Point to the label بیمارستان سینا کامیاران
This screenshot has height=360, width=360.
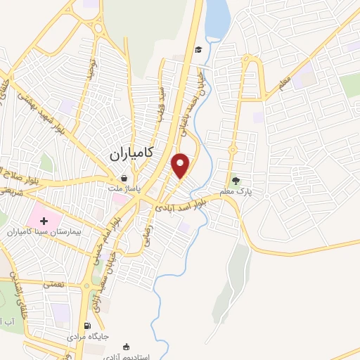(x=44, y=232)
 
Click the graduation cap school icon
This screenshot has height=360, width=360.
(x=199, y=49)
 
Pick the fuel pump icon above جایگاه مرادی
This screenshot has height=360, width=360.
(x=87, y=325)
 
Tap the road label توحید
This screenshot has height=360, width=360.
(x=90, y=68)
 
